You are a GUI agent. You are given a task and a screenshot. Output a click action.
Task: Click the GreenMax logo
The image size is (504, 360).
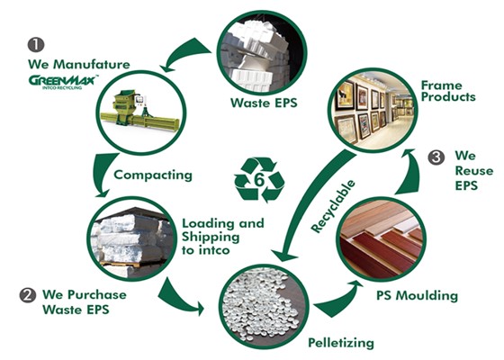63,82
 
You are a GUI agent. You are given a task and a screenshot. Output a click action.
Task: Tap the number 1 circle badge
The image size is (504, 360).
36,45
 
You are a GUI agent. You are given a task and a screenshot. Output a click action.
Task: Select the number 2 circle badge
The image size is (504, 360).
28,295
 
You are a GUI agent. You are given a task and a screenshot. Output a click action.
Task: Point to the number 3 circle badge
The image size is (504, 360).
436,157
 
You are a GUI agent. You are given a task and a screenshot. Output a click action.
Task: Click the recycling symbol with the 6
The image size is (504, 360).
259,180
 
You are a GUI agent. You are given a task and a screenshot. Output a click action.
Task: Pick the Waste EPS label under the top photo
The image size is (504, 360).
264,103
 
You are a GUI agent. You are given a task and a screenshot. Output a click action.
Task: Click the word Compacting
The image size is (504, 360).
153,175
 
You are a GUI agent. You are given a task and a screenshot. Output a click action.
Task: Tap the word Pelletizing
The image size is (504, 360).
341,343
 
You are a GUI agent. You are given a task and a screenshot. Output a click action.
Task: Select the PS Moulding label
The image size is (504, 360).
418,295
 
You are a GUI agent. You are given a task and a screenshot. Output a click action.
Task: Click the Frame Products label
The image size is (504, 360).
448,91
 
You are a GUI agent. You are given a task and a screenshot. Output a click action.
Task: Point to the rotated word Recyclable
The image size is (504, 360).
333,206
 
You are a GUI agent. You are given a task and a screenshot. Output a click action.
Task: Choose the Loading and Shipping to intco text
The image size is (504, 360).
223,237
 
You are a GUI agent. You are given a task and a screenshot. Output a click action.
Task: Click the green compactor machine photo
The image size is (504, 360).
141,112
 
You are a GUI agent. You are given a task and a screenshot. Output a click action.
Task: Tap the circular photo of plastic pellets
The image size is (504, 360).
265,307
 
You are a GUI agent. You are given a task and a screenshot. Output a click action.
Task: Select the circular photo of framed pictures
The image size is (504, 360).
373,110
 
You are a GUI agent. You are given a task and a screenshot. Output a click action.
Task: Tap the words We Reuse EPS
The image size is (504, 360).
473,171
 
